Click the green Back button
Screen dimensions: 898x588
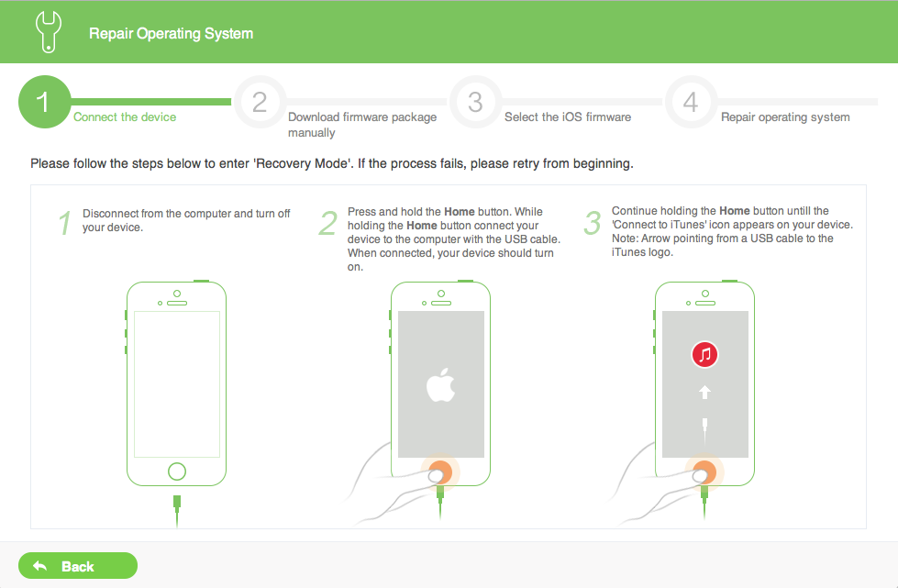point(78,566)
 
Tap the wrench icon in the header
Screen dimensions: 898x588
point(48,32)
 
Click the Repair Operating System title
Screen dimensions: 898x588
point(171,33)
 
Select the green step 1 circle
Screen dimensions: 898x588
point(45,102)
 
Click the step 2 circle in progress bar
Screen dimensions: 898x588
point(260,102)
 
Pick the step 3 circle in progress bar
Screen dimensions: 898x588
point(475,102)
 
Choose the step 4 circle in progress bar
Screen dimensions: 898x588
point(691,102)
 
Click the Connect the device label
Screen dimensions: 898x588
point(125,116)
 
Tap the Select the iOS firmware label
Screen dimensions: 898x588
point(568,116)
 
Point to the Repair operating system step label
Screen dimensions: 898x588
point(785,117)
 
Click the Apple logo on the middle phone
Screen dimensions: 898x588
point(440,384)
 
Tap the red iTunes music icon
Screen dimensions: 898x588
point(705,354)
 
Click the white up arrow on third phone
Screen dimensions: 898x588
point(705,393)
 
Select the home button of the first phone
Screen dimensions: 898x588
point(177,472)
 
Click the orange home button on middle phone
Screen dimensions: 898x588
point(440,472)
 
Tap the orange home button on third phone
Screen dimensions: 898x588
point(705,472)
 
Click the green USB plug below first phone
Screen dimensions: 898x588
point(177,503)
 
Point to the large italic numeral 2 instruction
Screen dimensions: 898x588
point(328,223)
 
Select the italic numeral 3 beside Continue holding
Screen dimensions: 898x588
point(593,223)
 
